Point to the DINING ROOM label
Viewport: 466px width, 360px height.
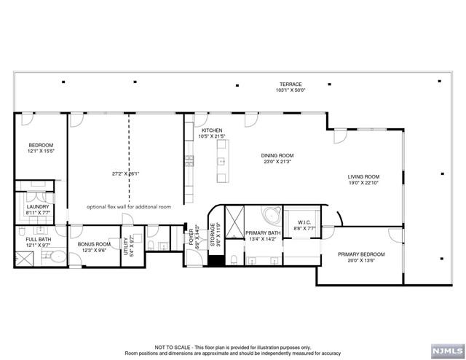[x=277, y=155]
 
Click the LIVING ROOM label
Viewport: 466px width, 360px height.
[x=363, y=176]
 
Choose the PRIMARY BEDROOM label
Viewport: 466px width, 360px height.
[x=361, y=254]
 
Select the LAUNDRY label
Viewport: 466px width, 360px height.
[x=37, y=207]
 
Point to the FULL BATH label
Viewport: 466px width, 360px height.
[x=38, y=239]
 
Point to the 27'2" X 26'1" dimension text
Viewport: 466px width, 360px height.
[x=125, y=174]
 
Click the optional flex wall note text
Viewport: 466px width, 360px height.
[x=128, y=207]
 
